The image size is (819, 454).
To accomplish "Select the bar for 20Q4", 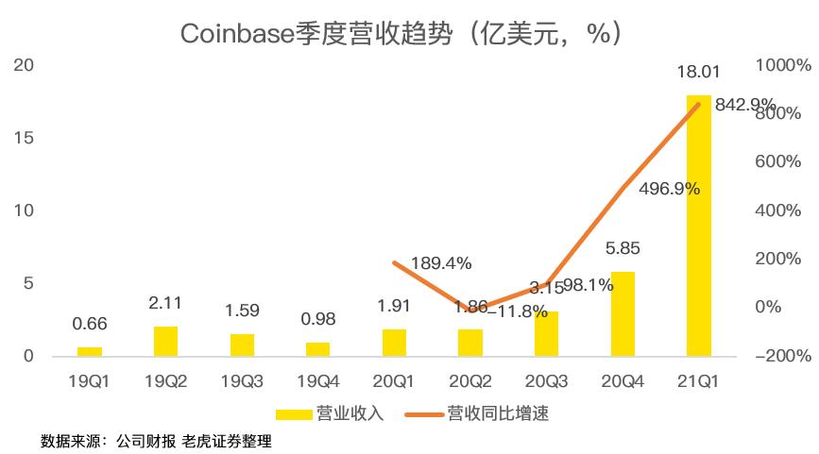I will (x=623, y=313).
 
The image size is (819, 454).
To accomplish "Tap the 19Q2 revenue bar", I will (x=165, y=341).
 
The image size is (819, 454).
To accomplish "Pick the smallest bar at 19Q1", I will (x=90, y=351).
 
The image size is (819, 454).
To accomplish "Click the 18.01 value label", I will (x=698, y=73).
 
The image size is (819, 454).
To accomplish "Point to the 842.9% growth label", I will (x=745, y=105).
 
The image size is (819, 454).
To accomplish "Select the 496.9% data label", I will (x=670, y=189).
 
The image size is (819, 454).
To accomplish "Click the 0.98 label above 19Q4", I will (x=318, y=320).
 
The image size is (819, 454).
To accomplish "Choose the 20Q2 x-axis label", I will (x=470, y=382).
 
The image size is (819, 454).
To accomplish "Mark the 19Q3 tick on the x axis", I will (x=242, y=382).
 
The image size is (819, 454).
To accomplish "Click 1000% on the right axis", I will (x=783, y=65).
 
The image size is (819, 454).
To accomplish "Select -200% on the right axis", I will (x=783, y=356).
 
